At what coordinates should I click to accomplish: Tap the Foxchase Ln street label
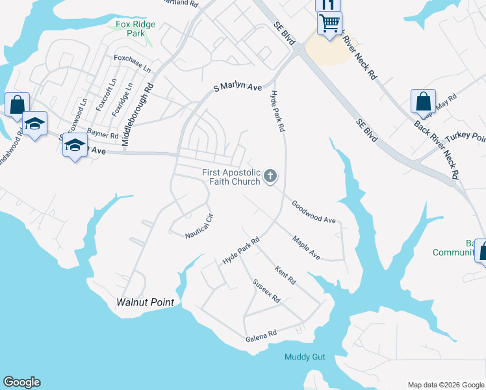(x=132, y=63)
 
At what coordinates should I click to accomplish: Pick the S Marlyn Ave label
(x=238, y=87)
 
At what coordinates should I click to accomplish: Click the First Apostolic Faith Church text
(x=231, y=177)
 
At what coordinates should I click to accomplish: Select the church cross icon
(x=270, y=175)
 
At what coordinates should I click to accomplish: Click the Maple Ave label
(x=306, y=248)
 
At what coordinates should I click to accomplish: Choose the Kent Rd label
(x=285, y=276)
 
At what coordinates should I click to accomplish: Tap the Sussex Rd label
(x=266, y=291)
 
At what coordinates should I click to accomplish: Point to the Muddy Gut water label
(x=305, y=357)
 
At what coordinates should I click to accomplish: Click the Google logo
(x=21, y=382)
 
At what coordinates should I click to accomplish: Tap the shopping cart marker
(x=330, y=24)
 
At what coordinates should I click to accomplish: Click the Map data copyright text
(x=445, y=384)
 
